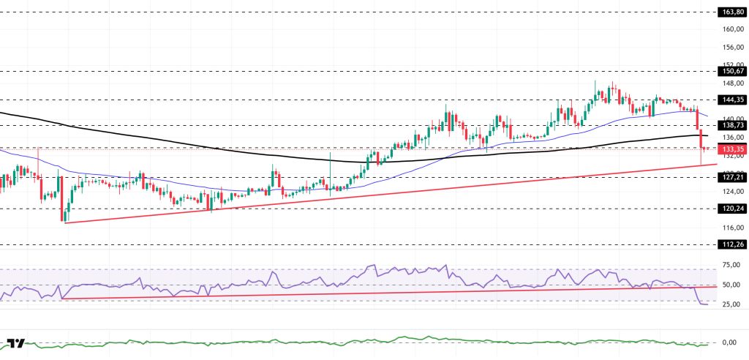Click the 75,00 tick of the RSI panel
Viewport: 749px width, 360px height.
click(730, 265)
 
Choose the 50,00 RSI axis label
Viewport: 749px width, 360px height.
click(730, 285)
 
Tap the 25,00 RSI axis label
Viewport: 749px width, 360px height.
click(730, 304)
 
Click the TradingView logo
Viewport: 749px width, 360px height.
click(16, 343)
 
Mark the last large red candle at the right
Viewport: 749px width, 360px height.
click(701, 139)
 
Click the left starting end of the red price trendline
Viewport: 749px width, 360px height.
click(64, 222)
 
